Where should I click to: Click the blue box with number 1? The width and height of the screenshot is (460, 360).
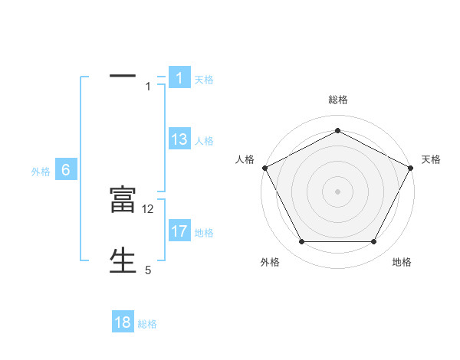click(x=179, y=78)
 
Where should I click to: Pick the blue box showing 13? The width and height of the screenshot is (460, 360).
click(x=179, y=139)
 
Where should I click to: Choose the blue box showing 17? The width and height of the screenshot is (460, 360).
click(x=179, y=231)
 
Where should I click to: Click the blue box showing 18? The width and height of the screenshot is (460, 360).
click(x=123, y=322)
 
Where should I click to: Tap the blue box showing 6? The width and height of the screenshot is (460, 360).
click(x=66, y=170)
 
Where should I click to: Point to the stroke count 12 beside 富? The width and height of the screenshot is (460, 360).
click(x=148, y=208)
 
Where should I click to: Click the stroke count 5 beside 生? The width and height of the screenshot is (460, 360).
click(x=148, y=270)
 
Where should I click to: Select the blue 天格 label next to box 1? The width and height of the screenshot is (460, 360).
click(x=204, y=80)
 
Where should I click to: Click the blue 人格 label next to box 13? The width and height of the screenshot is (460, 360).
click(x=204, y=141)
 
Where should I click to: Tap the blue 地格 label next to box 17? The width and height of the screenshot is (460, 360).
click(x=204, y=233)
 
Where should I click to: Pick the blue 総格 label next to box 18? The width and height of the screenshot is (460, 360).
click(x=147, y=324)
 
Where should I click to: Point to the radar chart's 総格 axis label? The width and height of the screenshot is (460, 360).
click(x=337, y=100)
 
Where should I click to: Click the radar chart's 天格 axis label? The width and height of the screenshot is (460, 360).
click(x=431, y=159)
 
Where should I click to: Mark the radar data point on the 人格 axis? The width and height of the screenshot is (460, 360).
click(x=264, y=167)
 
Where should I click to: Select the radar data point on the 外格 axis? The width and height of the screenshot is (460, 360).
click(x=301, y=241)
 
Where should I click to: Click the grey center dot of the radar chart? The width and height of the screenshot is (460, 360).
click(x=337, y=191)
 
